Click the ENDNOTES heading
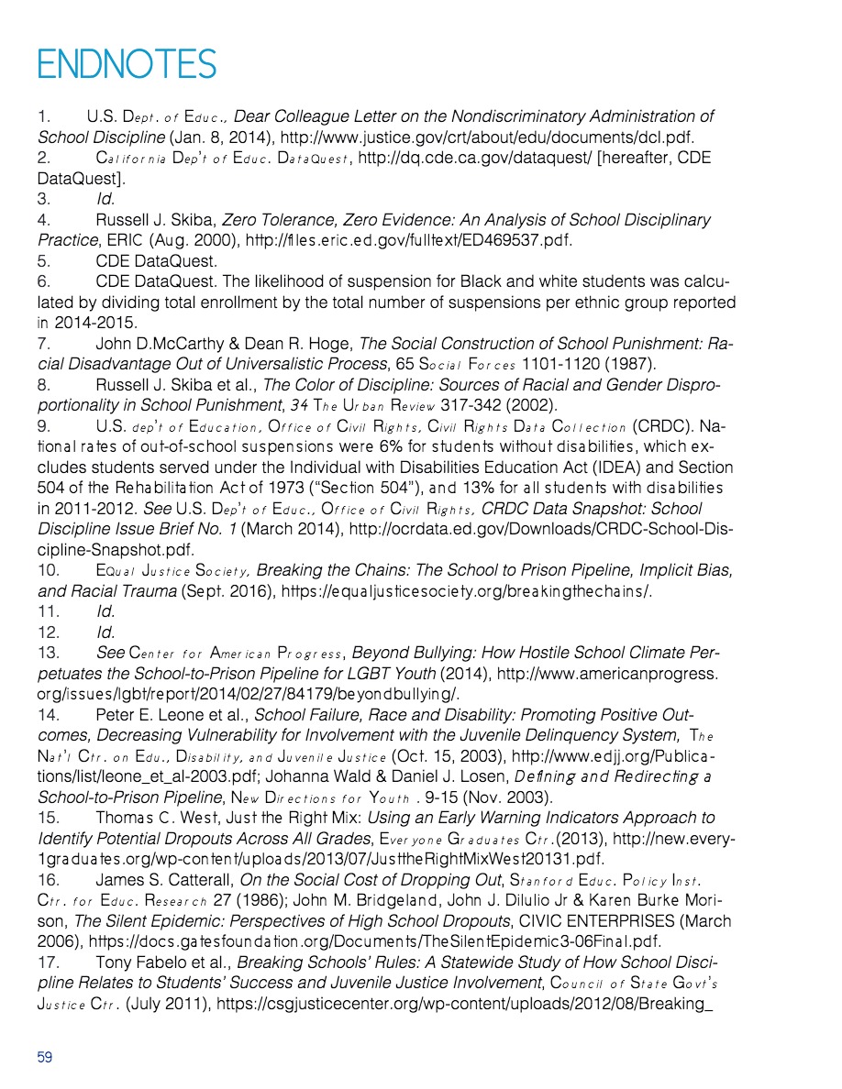click(127, 64)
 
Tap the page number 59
click(45, 1057)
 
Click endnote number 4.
click(43, 221)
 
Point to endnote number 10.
click(48, 571)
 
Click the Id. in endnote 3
click(105, 200)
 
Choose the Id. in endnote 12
click(105, 632)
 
